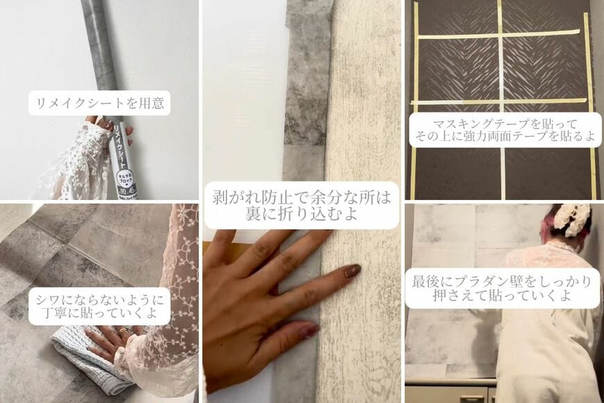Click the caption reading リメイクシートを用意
pos(100,104)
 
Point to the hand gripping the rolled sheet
pos(101,132)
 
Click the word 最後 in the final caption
pos(427,282)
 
